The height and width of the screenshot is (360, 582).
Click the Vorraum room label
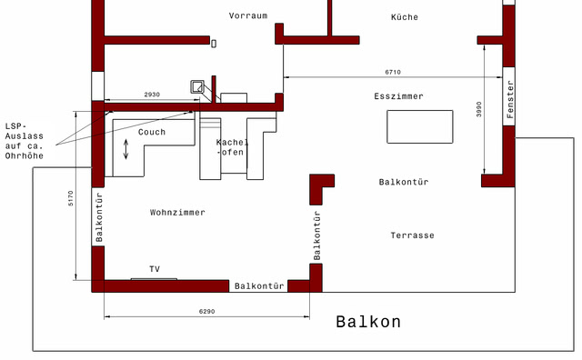coord(248,16)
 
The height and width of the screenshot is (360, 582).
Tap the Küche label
coord(405,17)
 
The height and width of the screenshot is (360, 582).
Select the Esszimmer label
coord(398,95)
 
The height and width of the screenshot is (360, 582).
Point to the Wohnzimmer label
coord(177,212)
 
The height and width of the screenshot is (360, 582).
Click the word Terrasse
coord(413,235)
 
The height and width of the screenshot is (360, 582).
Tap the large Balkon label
coord(368,322)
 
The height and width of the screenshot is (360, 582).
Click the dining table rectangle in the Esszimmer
coord(419,126)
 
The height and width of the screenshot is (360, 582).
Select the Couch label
coord(152,132)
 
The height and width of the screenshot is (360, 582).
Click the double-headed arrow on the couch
coord(126,150)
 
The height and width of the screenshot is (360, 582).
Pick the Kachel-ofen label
coord(232,147)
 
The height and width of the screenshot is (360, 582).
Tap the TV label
coord(155,269)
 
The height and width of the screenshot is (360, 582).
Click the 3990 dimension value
coord(478,109)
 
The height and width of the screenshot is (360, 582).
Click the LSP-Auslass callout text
coord(25,140)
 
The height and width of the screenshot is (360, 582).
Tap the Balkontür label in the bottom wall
coord(259,286)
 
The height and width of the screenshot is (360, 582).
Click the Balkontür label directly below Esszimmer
coord(403,182)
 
